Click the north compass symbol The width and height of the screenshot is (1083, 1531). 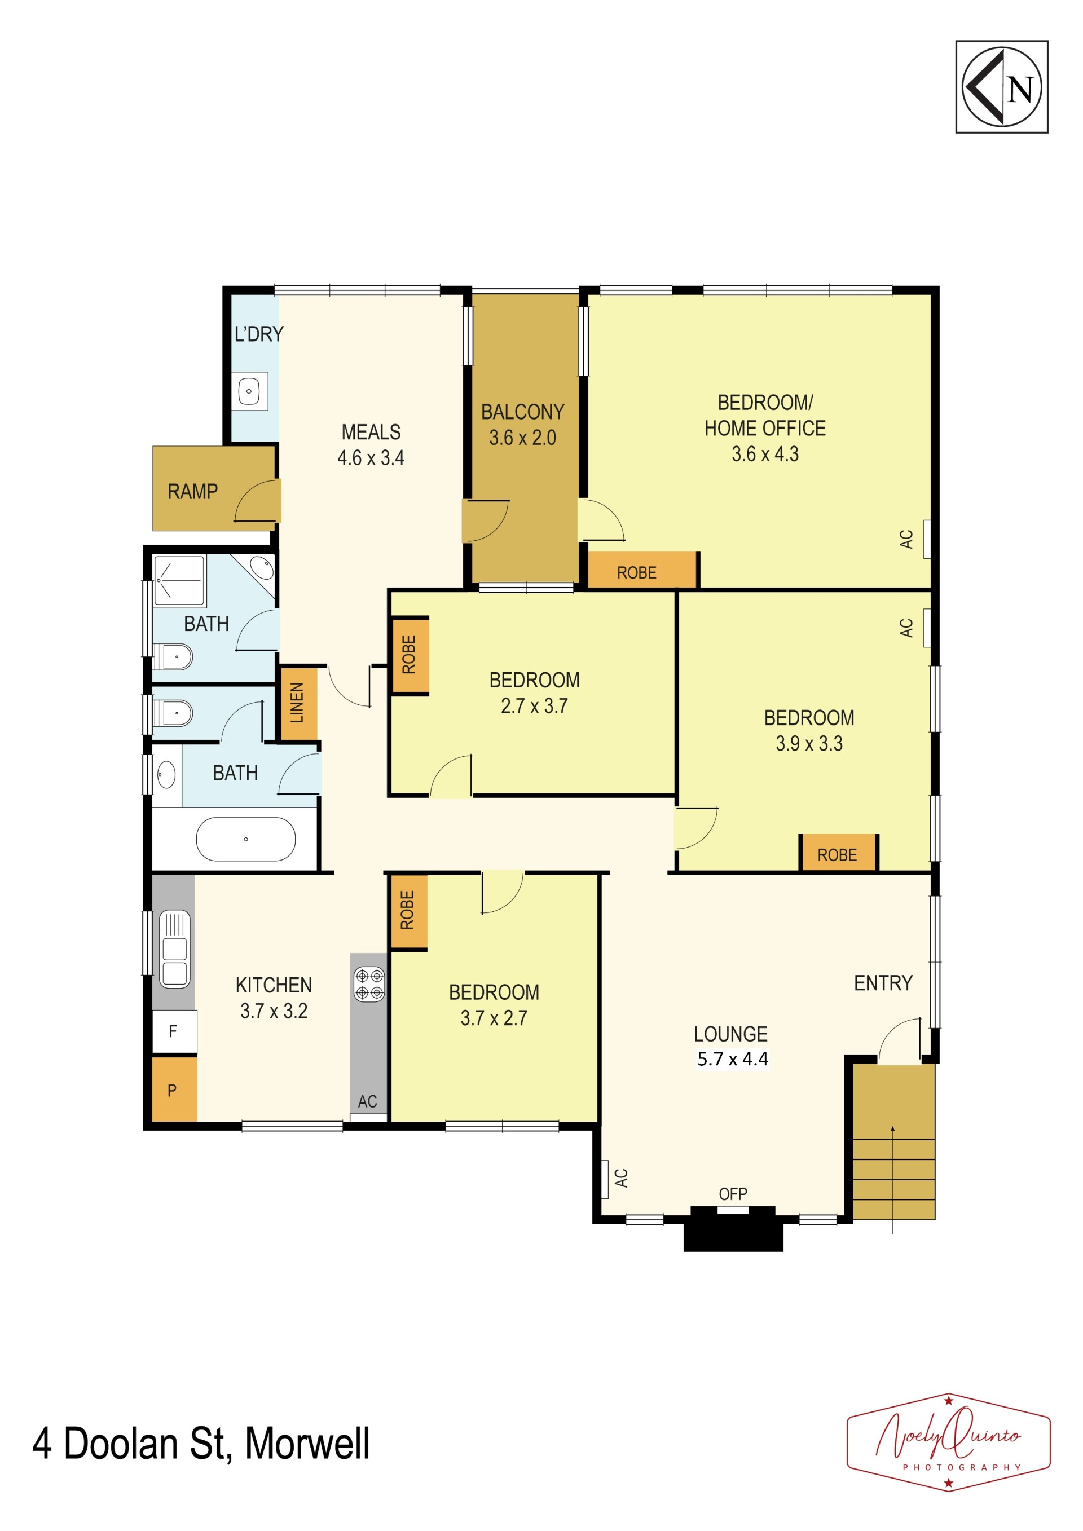tap(1002, 87)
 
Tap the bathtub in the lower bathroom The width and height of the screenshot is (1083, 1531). tap(245, 839)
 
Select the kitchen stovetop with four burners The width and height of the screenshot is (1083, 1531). tap(369, 985)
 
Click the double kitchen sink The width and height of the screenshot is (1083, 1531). tap(175, 949)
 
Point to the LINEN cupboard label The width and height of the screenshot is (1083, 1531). tap(297, 702)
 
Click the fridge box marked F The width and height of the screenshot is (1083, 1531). tap(174, 1032)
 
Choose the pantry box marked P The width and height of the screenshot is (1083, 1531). tap(174, 1089)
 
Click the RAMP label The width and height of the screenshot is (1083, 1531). tap(193, 491)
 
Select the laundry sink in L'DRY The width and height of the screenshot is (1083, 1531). tap(249, 391)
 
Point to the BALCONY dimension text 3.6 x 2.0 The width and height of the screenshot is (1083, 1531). tap(522, 438)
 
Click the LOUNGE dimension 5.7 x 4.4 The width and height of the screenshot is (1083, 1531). tap(732, 1058)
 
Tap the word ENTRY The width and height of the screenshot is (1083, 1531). tap(883, 982)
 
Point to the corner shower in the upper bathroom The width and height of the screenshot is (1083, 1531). tap(179, 580)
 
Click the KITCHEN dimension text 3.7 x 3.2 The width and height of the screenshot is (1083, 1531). tap(274, 1011)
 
